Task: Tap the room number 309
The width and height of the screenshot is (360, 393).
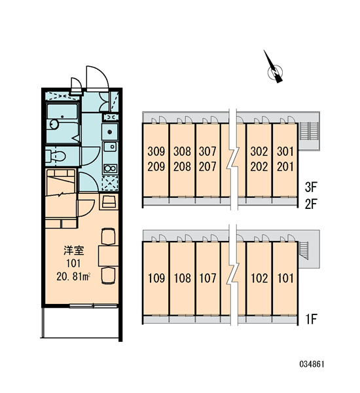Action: (156, 151)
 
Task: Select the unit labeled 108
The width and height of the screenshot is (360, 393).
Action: (182, 278)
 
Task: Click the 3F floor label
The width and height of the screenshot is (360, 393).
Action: (311, 187)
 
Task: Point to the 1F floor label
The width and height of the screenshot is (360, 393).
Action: (311, 319)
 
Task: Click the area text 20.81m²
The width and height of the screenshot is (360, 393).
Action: (73, 277)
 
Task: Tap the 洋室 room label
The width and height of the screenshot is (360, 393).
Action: (74, 250)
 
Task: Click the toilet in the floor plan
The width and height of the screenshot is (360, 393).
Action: (56, 156)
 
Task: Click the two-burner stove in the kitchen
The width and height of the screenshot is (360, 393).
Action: (110, 168)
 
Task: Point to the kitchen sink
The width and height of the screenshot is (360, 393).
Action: (110, 147)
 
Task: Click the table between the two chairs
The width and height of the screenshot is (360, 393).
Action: (108, 255)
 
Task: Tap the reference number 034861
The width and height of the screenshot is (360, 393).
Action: (312, 364)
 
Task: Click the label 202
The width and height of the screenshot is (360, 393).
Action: (259, 166)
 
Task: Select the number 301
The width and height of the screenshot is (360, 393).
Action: (285, 151)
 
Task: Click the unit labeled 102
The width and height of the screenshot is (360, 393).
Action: (259, 278)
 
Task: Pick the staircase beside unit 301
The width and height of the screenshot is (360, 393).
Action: (309, 131)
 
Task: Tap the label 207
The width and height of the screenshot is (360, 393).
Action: (207, 166)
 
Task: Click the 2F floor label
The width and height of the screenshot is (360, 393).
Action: (311, 203)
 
